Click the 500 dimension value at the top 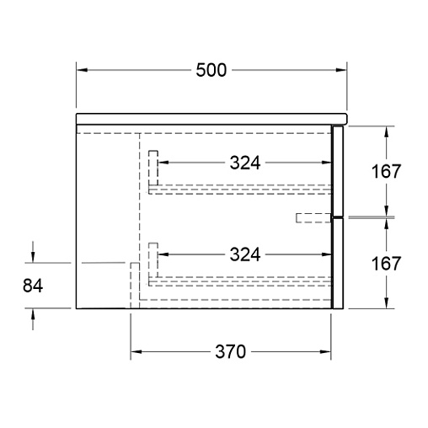coord(211,70)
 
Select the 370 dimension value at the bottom coord(230,351)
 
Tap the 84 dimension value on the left coord(33,286)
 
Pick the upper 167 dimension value coord(386,171)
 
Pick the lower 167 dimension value coord(386,264)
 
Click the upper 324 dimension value coord(245,163)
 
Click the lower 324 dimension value coord(245,254)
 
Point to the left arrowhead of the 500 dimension coord(82,70)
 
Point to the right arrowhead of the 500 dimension coord(341,70)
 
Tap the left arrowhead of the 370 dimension coord(136,351)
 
